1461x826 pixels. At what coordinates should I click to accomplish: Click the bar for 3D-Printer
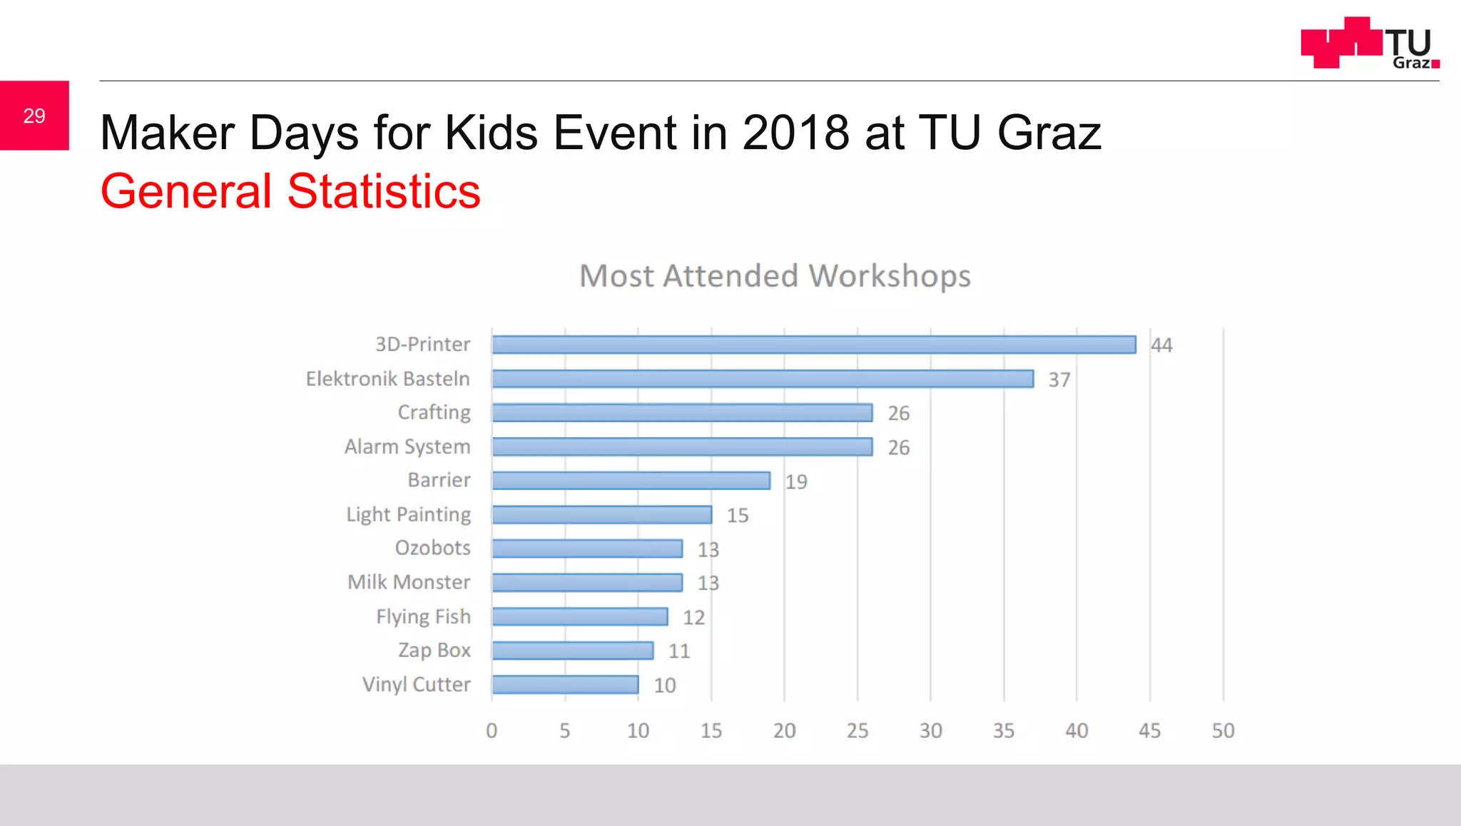813,345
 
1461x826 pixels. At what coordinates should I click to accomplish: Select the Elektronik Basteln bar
763,379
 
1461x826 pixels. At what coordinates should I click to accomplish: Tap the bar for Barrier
631,481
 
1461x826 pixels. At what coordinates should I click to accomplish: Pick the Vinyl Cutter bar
565,685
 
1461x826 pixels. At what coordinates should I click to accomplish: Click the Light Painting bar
601,515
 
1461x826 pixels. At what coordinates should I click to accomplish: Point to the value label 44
1161,345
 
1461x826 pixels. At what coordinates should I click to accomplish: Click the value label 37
1059,379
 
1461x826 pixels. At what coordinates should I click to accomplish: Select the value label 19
796,481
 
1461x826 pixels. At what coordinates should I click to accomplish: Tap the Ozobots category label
432,548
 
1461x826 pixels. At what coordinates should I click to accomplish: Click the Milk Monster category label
409,582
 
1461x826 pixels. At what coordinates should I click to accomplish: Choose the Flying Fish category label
423,616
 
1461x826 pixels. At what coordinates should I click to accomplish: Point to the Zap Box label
434,651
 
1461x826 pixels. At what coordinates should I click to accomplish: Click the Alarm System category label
407,447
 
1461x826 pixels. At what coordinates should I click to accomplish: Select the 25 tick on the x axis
857,730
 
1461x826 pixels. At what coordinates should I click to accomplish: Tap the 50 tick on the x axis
1223,730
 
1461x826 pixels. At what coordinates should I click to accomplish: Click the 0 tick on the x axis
492,730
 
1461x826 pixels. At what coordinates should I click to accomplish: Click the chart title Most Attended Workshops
775,276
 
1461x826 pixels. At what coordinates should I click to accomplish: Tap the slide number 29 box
34,116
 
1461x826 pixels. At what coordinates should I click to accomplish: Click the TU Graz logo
1370,43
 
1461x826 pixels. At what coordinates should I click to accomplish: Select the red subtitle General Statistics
290,191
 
